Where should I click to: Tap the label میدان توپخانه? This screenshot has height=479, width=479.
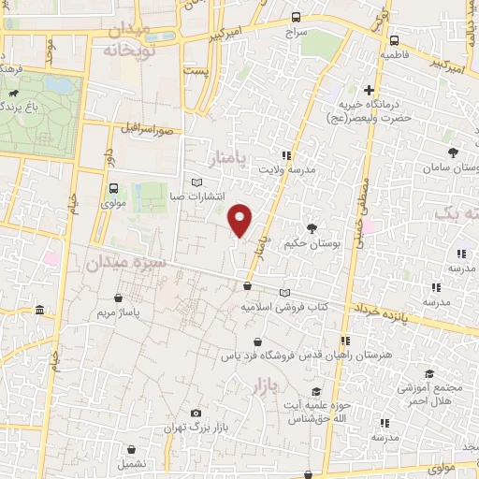coord(137,40)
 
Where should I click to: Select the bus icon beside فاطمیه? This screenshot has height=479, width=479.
coord(394,40)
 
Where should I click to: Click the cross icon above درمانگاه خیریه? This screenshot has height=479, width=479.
coord(369,91)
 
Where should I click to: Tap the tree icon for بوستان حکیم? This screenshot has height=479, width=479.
coord(311,227)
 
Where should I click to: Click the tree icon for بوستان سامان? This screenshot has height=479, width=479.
coord(453,152)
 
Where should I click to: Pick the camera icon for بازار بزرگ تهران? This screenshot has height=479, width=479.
coord(196,413)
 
